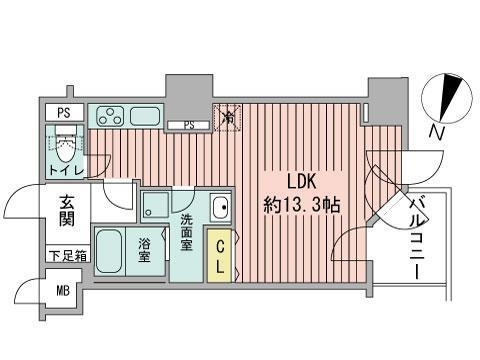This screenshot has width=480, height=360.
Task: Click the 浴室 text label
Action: tap(145, 251)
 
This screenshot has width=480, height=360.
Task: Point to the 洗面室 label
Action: tap(186, 234)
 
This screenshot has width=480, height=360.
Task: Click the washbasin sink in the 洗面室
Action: tap(220, 210)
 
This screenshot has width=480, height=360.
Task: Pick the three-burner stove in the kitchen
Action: tap(111, 115)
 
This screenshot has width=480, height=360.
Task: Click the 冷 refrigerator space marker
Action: tap(228, 117)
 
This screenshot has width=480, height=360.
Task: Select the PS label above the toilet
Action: tap(63, 112)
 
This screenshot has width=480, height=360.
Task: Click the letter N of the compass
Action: tap(433, 133)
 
